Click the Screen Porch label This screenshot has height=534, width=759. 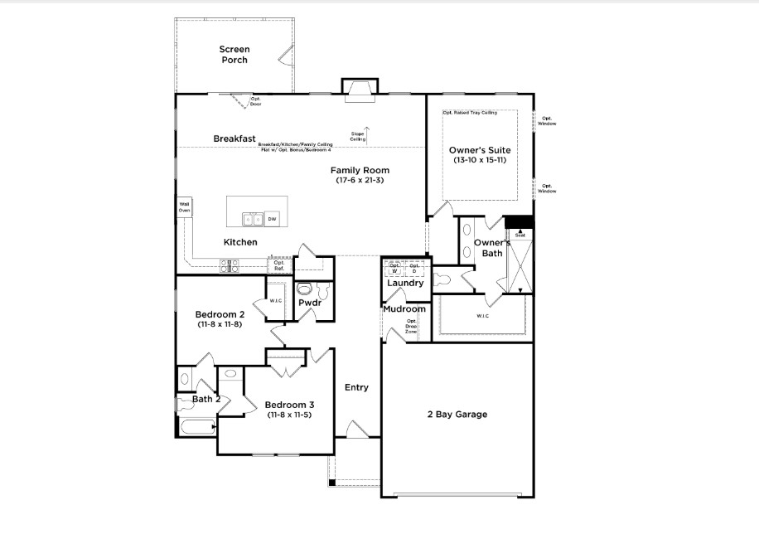coord(234,55)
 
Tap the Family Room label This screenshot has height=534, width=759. coord(360,170)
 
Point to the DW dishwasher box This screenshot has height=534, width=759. coord(272,219)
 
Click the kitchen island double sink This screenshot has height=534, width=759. coord(253,219)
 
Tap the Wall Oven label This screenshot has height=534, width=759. coord(184,206)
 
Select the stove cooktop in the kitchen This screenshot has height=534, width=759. coord(230,265)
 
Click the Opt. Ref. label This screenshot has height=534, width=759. coord(279,265)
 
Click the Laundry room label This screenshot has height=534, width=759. coord(405,283)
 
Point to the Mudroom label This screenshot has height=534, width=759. coord(404,309)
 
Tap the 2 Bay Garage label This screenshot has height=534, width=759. coord(457,415)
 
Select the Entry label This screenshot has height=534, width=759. coord(356,387)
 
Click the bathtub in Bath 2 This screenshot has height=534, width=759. coord(196,427)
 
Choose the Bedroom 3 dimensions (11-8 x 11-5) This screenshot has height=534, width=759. coord(289,415)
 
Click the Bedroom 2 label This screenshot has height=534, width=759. coord(220,314)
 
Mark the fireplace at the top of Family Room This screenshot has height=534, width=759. coord(360,88)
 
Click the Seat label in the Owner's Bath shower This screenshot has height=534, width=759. coord(520,234)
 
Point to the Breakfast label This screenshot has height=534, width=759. coord(234,138)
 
